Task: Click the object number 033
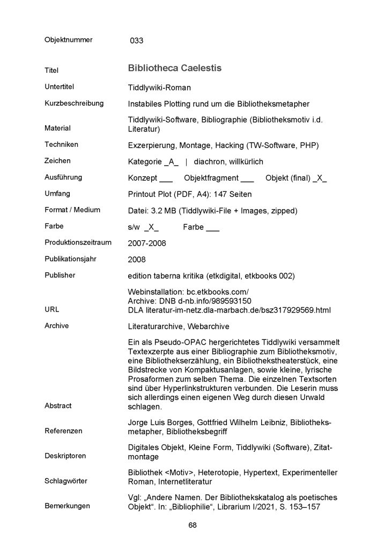[x=136, y=40]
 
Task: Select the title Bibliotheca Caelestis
[x=175, y=69]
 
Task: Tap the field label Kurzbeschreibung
[x=73, y=103]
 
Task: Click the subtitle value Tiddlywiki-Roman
[x=159, y=87]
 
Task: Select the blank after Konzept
[x=166, y=179]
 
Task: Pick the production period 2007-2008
[x=147, y=243]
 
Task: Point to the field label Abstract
[x=58, y=406]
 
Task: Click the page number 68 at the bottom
[x=193, y=525]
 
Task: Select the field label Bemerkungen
[x=67, y=506]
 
